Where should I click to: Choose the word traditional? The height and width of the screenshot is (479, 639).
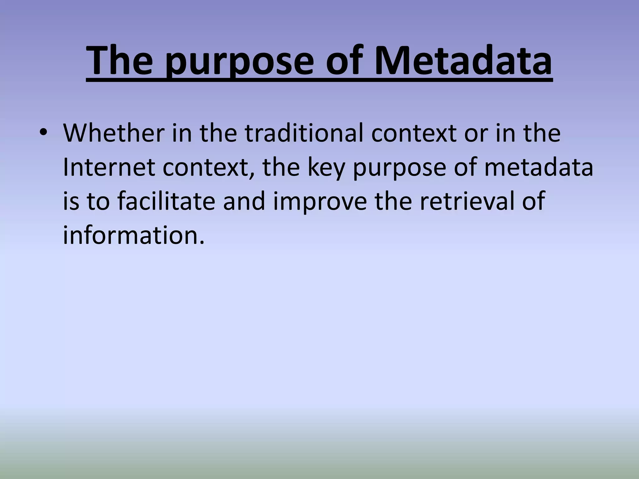[304, 133]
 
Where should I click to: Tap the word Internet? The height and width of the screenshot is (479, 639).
[109, 167]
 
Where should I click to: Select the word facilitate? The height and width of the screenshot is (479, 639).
[166, 201]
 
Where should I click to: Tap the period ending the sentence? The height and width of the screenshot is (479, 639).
[202, 243]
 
